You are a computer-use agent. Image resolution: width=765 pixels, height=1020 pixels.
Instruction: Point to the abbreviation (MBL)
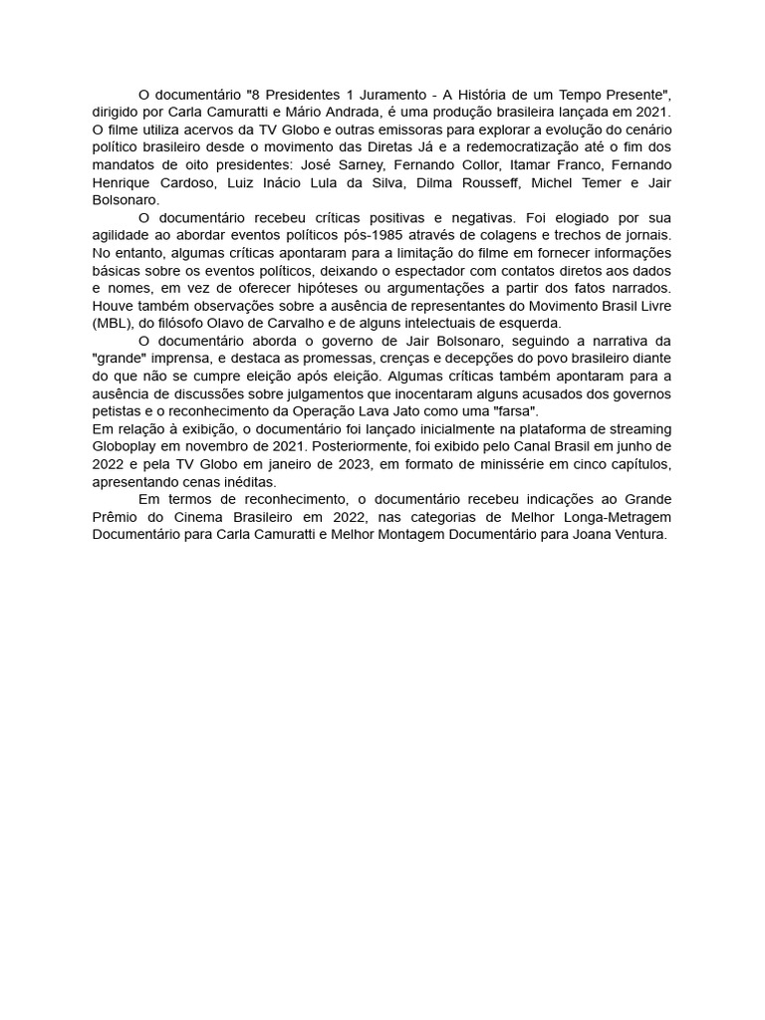coord(116,323)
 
